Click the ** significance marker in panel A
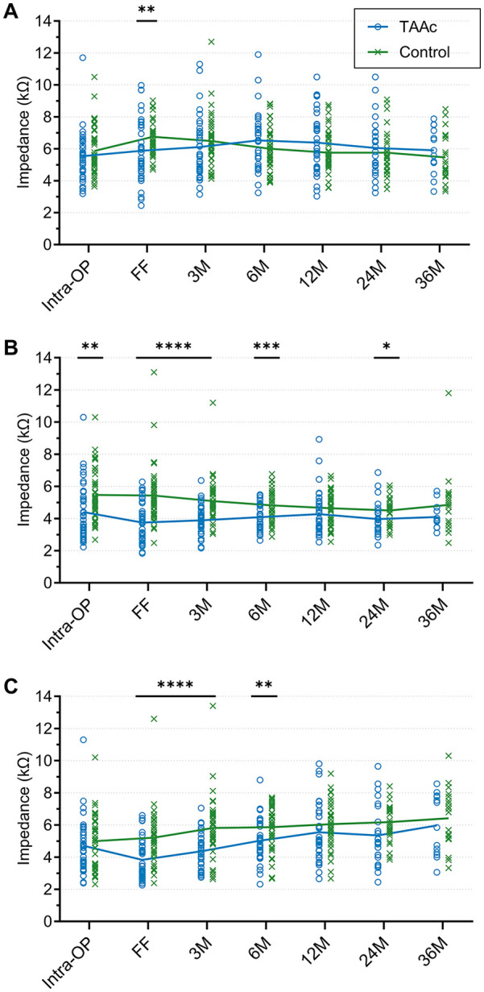click(x=147, y=10)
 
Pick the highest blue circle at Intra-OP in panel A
click(x=83, y=58)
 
